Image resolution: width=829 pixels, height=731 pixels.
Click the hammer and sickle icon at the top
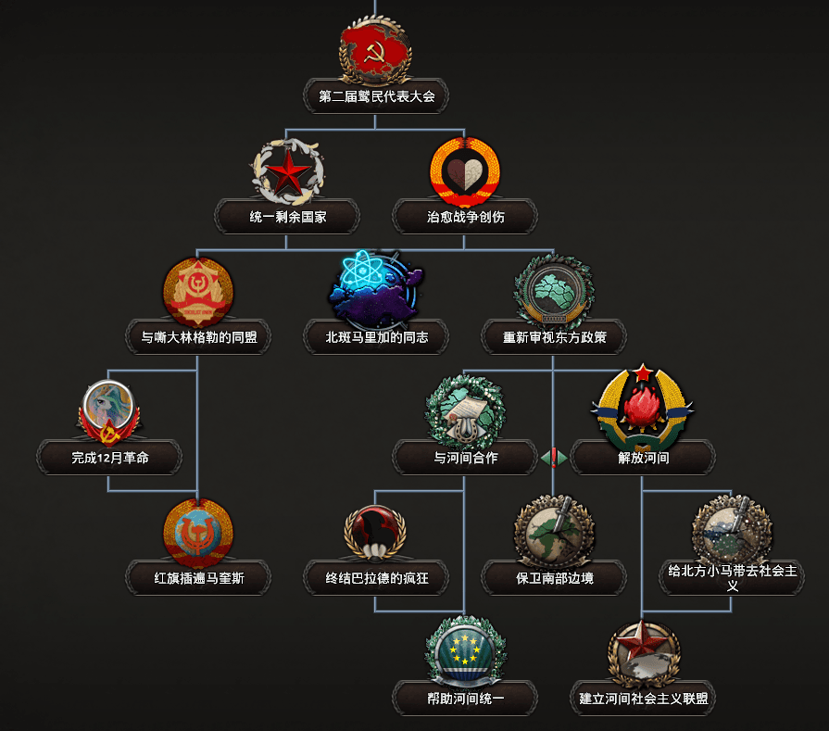coord(375,51)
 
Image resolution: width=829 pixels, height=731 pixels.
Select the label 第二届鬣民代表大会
coord(376,96)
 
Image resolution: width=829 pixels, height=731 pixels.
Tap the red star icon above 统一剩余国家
coord(288,172)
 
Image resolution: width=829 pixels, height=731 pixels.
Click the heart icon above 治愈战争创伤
coord(465,172)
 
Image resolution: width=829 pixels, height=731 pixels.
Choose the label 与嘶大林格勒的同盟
coord(199,337)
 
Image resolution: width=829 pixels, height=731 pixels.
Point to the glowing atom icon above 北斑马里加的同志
coord(376,288)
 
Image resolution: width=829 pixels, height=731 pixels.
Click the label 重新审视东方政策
coord(554,337)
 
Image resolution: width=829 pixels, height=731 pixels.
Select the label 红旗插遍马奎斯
coord(199,578)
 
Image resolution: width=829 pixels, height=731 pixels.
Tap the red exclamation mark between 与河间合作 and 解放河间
coord(554,458)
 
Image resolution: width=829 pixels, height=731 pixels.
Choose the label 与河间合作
coord(465,458)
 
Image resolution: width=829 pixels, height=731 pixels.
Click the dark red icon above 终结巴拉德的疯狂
coord(375,533)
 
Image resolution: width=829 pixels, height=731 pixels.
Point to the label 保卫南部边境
coord(554,578)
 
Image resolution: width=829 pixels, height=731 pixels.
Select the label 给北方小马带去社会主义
coord(733,577)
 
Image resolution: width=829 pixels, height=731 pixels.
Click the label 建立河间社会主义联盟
coord(643,699)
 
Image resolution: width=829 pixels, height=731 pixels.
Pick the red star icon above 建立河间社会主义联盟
coord(643,654)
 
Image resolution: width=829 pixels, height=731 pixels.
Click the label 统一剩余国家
coord(288,217)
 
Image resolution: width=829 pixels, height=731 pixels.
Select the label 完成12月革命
coord(110,458)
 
